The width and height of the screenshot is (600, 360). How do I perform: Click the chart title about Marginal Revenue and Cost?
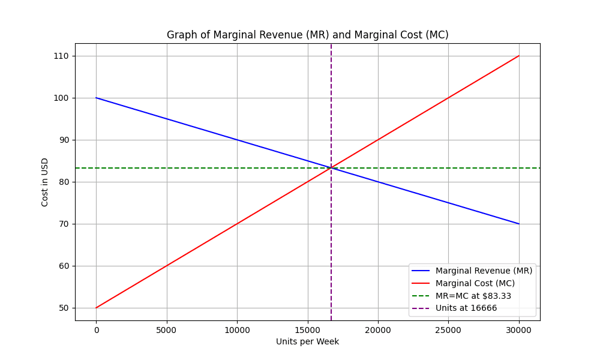click(307, 35)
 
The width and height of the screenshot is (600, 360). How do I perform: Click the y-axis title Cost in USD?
click(45, 182)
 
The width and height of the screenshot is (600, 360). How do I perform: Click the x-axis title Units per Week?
click(307, 341)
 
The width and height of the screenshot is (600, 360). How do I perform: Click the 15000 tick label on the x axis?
click(308, 329)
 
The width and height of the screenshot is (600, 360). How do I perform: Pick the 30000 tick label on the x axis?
click(519, 329)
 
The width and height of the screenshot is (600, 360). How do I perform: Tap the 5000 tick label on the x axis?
click(166, 329)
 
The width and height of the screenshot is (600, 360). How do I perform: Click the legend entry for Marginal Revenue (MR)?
click(484, 271)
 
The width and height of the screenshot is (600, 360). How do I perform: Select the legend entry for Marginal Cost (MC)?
click(475, 283)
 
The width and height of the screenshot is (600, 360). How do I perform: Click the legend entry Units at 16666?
click(466, 308)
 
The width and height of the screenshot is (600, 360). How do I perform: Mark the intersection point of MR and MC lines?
click(331, 168)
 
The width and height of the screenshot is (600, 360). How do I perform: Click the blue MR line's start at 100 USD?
click(96, 98)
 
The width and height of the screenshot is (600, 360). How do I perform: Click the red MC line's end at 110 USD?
click(519, 56)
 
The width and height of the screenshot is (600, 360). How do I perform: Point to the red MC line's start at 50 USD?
click(96, 308)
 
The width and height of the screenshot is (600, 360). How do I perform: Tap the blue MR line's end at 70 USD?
click(519, 224)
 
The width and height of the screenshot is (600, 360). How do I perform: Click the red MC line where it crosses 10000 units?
click(237, 224)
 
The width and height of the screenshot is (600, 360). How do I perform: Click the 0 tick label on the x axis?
click(96, 329)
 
